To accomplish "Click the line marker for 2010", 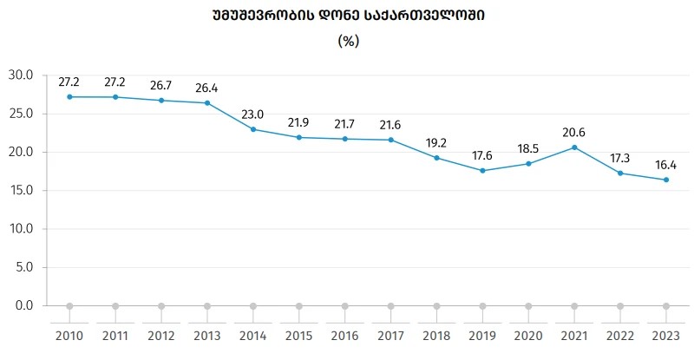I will (x=69, y=96).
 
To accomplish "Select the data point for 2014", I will (x=253, y=129).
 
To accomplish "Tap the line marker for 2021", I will (x=574, y=147).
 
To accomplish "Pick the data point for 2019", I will (x=482, y=170).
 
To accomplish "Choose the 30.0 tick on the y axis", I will (x=20, y=75).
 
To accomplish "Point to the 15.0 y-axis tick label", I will (x=20, y=191).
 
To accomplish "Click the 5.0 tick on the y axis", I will (x=23, y=267).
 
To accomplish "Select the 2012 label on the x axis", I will (x=161, y=337).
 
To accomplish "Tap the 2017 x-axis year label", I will (x=390, y=337).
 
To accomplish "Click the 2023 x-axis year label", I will (x=666, y=337).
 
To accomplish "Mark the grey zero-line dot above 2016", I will (x=344, y=306).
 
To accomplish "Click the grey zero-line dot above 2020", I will (x=528, y=306).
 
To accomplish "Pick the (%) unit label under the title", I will (x=348, y=41).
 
